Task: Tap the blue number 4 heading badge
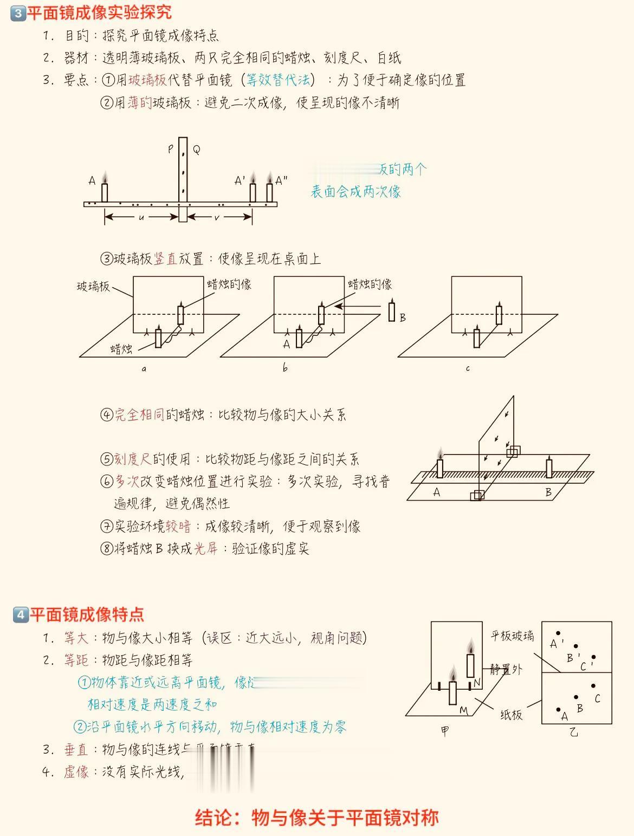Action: point(20,614)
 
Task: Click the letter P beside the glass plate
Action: point(171,148)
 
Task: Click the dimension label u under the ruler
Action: point(141,217)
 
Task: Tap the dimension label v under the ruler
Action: point(217,217)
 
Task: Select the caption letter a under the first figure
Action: point(144,369)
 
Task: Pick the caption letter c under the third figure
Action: point(468,369)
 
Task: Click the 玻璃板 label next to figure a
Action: point(93,286)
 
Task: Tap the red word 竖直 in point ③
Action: point(166,259)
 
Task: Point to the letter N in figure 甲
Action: point(477,683)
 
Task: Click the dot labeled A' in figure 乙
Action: point(558,633)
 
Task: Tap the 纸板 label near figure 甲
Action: point(511,715)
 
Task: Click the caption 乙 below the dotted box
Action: point(574,733)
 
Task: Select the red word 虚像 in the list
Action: point(76,772)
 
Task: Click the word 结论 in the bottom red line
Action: point(214,818)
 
